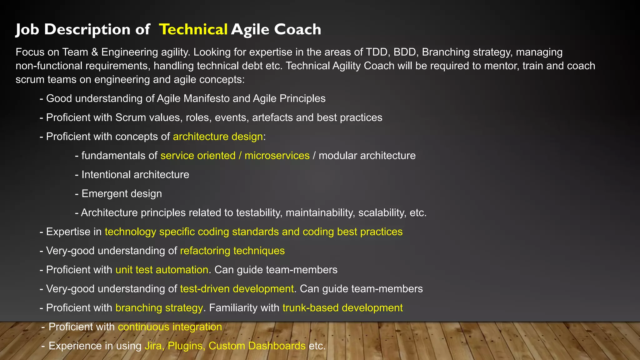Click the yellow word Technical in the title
pyautogui.click(x=193, y=29)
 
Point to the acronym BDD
pyautogui.click(x=405, y=52)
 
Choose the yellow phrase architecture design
pyautogui.click(x=217, y=137)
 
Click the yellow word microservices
pyautogui.click(x=277, y=156)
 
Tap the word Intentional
pyautogui.click(x=102, y=175)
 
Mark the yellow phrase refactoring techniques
pyautogui.click(x=232, y=251)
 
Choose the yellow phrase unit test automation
pyautogui.click(x=162, y=270)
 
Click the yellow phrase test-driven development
pyautogui.click(x=237, y=289)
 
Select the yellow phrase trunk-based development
pyautogui.click(x=342, y=308)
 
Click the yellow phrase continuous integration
pyautogui.click(x=170, y=327)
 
